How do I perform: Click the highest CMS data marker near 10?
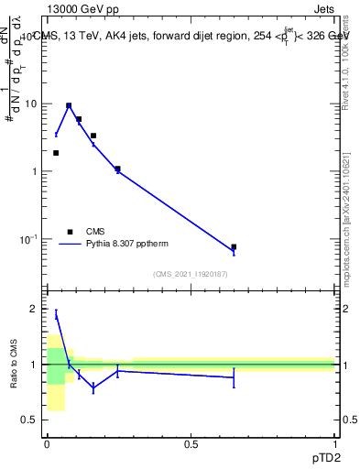point(69,105)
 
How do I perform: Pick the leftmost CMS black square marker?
point(56,153)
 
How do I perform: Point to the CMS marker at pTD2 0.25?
point(117,169)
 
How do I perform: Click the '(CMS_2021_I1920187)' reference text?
point(190,274)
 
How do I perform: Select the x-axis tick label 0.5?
point(191,444)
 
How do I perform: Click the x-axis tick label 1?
point(334,444)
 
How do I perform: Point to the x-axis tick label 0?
point(47,444)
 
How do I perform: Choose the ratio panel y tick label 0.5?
point(28,420)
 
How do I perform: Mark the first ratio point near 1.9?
point(56,314)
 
